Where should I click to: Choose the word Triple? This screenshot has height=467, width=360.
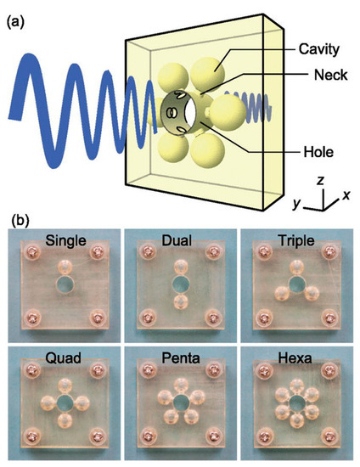295,241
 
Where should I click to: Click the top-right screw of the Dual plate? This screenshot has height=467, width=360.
215,252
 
